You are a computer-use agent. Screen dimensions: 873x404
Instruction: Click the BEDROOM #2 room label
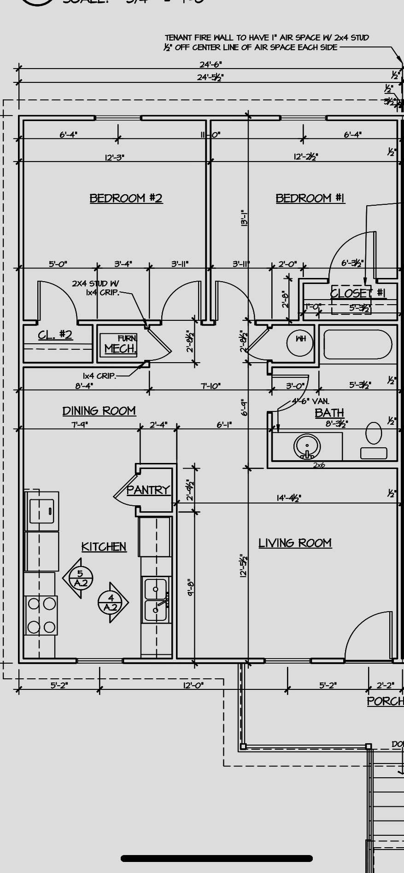[x=126, y=198]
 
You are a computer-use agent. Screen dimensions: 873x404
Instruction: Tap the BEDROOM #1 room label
[x=310, y=198]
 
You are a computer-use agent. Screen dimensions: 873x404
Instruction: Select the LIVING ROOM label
[x=295, y=543]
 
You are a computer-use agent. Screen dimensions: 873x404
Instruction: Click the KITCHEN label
[x=104, y=547]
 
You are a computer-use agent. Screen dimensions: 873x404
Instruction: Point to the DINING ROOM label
[x=99, y=410]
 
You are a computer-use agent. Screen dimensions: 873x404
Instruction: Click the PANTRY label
[x=148, y=490]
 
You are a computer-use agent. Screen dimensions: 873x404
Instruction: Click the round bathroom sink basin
[x=307, y=446]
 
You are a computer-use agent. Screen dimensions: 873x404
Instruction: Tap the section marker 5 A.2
[x=80, y=578]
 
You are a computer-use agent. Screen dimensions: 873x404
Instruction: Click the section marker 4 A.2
[x=111, y=602]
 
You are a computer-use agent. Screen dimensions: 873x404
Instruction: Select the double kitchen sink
[x=156, y=600]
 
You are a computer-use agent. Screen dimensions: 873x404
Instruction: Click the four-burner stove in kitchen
[x=41, y=615]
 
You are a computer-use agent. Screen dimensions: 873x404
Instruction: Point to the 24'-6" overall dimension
[x=211, y=65]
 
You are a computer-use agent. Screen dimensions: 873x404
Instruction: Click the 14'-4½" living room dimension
[x=289, y=498]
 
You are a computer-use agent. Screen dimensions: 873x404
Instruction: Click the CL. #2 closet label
[x=55, y=335]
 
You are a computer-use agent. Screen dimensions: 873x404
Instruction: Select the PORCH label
[x=385, y=701]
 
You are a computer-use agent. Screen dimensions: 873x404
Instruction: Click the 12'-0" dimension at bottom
[x=193, y=685]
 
